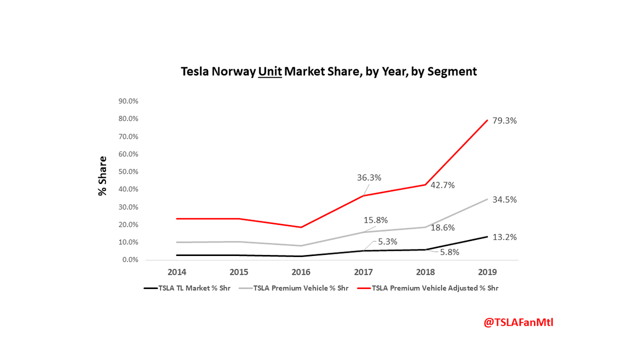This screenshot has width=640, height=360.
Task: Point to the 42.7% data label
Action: pos(453,185)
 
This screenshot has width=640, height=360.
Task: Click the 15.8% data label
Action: pos(375,220)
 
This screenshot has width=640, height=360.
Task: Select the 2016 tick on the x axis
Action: pos(301,272)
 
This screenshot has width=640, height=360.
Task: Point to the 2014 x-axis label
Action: pos(177,272)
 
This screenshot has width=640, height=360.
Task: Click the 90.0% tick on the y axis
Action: pos(128,101)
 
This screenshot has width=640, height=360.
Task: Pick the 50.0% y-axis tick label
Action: pos(128,172)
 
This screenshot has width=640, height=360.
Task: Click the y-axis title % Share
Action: pos(102,176)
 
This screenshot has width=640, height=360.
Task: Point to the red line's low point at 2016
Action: pos(301,227)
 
